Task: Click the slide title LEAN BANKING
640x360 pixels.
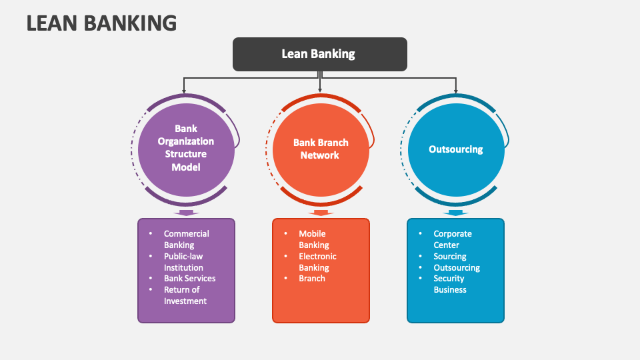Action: [x=101, y=23]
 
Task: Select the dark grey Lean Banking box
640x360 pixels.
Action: [x=319, y=54]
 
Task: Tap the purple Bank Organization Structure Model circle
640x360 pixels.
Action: [x=186, y=148]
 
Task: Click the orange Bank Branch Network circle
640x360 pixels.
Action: [x=321, y=149]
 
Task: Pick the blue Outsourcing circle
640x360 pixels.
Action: [x=455, y=149]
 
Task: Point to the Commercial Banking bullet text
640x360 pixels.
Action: [x=186, y=239]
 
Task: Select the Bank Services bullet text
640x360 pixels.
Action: [x=189, y=278]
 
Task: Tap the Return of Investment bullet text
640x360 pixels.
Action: [x=185, y=295]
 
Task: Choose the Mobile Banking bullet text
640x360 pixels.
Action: [x=313, y=239]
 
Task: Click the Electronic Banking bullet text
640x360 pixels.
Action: [x=317, y=261]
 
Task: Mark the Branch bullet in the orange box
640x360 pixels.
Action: [x=312, y=278]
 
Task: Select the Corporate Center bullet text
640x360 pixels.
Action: [x=452, y=239]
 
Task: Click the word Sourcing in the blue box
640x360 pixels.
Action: [x=450, y=256]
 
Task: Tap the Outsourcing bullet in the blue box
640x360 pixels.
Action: [x=457, y=267]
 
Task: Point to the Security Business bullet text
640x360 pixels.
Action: [x=450, y=284]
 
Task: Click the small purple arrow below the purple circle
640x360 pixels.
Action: [x=186, y=213]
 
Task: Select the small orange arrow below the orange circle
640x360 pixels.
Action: [x=321, y=213]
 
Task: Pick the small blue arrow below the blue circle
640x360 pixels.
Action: [x=455, y=213]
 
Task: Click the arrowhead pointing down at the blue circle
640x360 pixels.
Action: [x=456, y=91]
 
